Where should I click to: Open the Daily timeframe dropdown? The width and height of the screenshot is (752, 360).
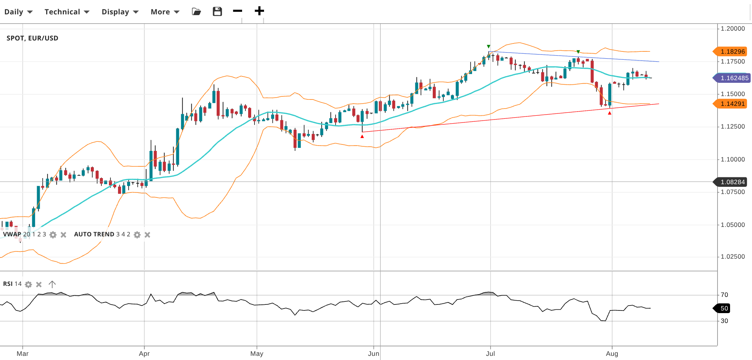tap(18, 12)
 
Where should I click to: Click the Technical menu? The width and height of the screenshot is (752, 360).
tap(67, 12)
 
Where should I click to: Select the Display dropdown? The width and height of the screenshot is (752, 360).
tap(120, 12)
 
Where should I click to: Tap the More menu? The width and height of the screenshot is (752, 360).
tap(165, 12)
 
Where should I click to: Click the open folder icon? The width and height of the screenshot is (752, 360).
tap(196, 11)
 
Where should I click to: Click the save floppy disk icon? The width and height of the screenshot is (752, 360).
tap(217, 11)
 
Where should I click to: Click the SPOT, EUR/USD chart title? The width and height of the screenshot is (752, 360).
tap(33, 38)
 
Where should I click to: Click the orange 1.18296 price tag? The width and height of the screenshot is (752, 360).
tap(732, 51)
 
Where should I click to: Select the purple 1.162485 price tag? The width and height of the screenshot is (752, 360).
tap(733, 78)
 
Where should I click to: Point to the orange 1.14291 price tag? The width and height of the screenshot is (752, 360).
tap(732, 104)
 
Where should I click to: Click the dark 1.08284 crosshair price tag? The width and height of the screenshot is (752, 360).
tap(732, 182)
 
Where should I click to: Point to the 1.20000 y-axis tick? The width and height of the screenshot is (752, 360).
tap(732, 28)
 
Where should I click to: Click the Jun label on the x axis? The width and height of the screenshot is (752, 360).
tap(373, 354)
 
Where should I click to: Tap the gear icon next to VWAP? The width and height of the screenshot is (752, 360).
tap(53, 235)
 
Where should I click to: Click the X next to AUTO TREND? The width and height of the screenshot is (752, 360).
tap(148, 235)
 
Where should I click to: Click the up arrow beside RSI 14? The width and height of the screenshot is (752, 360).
tap(52, 284)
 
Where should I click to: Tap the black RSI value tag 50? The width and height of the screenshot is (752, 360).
tap(723, 308)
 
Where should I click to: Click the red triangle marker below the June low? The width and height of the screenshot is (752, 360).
tap(362, 137)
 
